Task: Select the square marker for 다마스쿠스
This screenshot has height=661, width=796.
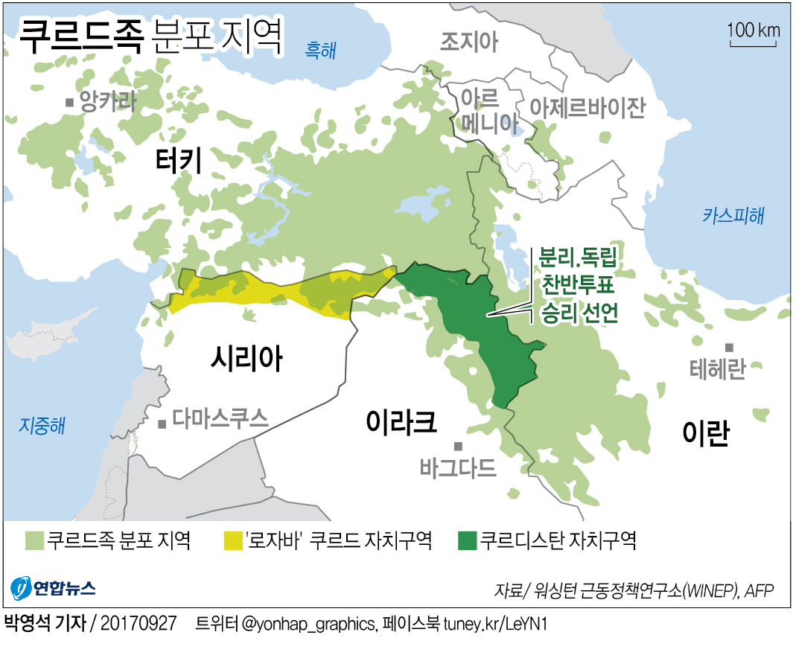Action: coord(162,424)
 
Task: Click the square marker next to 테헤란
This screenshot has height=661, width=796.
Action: coord(730,348)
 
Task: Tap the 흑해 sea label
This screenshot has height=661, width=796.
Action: coord(321,50)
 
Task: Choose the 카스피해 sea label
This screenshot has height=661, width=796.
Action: coord(733,216)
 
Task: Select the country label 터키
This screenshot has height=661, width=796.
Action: coord(179,160)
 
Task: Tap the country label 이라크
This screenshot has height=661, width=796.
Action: coord(401,422)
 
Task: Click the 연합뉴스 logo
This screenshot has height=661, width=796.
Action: coord(54,588)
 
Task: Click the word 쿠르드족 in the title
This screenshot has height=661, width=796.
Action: coord(79,37)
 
